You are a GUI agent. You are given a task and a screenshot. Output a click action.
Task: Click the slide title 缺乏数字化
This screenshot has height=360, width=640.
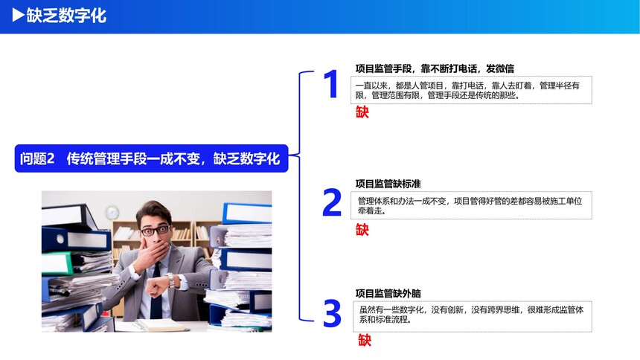[66, 16]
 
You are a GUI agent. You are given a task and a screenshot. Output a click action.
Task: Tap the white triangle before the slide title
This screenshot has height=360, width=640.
[19, 15]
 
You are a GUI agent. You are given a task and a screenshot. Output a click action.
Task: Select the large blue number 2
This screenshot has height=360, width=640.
[332, 202]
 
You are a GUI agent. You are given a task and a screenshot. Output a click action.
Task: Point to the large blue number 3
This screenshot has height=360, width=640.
[332, 313]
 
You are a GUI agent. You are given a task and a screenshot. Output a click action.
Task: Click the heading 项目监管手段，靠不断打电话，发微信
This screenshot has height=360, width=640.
[435, 68]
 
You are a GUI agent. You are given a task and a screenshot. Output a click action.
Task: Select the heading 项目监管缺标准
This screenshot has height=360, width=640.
[388, 184]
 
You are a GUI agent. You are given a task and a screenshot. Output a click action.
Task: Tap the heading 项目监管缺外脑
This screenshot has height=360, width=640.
[388, 293]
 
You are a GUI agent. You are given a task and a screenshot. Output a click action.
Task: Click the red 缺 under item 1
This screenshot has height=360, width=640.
[362, 112]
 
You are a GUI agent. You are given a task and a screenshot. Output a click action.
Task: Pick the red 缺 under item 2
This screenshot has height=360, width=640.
[362, 229]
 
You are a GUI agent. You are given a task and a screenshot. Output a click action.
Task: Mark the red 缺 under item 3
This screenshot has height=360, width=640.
[365, 340]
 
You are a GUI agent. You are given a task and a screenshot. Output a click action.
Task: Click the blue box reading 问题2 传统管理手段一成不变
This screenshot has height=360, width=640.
[151, 158]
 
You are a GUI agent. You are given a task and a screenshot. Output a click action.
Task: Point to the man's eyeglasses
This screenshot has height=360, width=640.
[156, 230]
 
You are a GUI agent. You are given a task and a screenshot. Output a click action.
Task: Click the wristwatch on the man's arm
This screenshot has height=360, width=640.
[170, 280]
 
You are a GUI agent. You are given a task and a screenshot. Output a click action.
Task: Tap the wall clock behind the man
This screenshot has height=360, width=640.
[112, 213]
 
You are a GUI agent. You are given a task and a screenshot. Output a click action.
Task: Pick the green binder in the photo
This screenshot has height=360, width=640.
[57, 263]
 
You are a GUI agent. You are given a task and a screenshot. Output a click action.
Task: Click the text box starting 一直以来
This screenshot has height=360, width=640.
[471, 90]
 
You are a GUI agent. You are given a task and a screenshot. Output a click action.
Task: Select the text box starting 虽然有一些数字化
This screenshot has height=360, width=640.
[473, 316]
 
